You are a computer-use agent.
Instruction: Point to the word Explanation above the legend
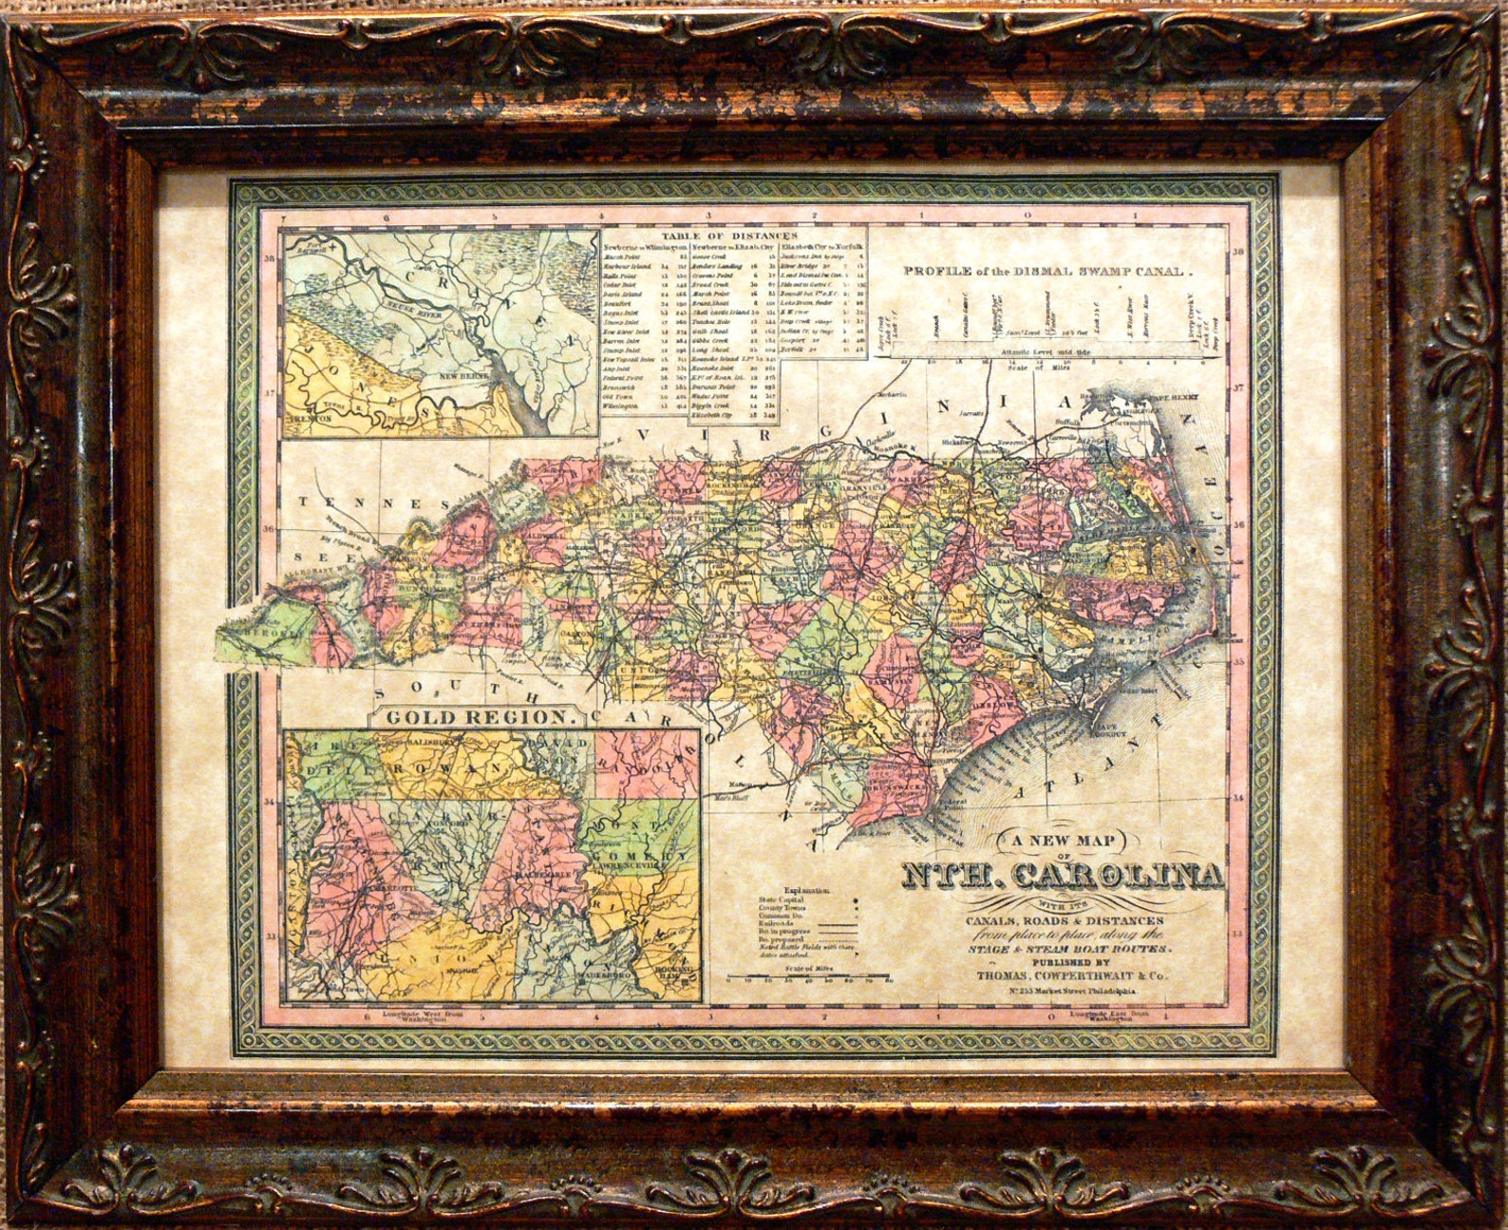point(807,891)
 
